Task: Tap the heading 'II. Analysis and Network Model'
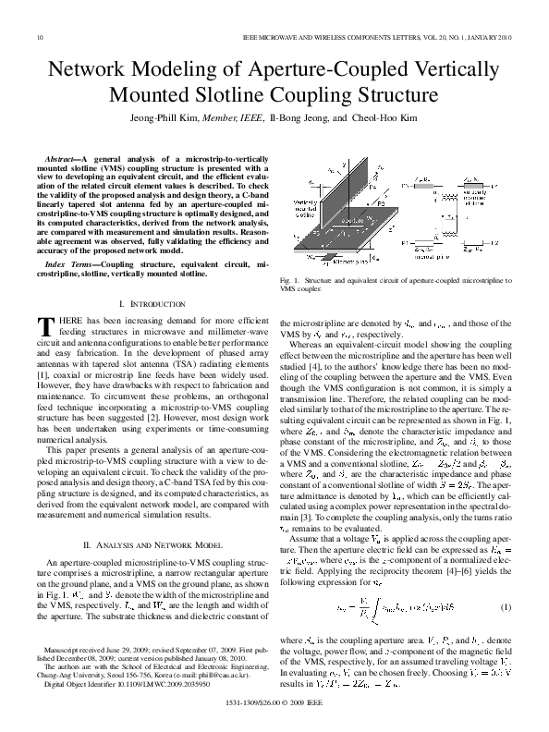pos(148,547)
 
